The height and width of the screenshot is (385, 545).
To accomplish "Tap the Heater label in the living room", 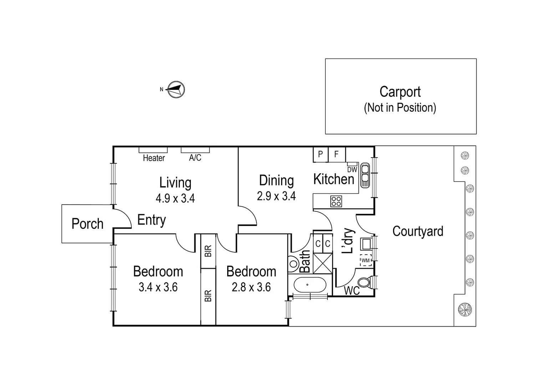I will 154,158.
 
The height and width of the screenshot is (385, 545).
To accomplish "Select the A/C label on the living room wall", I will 195,158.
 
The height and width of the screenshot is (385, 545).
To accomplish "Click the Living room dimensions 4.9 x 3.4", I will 175,198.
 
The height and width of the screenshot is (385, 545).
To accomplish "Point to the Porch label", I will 87,224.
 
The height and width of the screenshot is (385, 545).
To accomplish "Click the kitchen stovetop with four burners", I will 336,201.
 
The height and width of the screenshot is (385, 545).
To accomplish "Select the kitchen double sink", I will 365,175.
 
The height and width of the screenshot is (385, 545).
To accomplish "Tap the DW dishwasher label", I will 352,170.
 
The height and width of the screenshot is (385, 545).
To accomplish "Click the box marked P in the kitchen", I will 320,154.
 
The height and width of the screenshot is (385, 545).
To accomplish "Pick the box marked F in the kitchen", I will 336,154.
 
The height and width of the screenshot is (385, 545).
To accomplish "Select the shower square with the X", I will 323,263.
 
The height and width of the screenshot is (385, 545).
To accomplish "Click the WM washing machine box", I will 366,260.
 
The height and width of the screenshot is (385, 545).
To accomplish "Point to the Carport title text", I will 400,92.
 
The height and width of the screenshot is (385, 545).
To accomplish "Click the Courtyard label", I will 418,231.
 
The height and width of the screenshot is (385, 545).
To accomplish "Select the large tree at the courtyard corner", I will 465,309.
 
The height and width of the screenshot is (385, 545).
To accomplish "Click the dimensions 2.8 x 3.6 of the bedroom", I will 251,287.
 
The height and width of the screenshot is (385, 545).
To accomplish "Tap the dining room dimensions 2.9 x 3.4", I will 276,196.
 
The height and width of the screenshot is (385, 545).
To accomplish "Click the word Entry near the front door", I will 152,220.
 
